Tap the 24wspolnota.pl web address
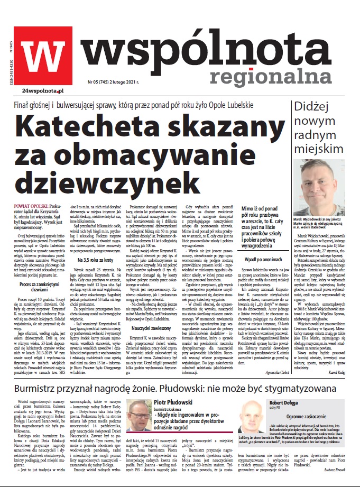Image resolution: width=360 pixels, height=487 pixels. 39,92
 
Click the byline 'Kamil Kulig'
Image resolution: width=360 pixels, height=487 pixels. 341,387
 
